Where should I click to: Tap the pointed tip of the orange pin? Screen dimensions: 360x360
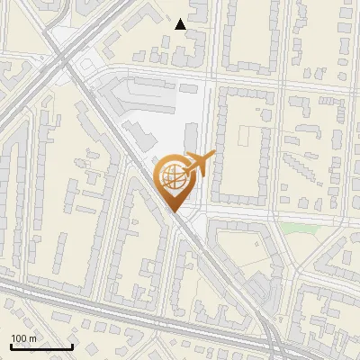(173, 212)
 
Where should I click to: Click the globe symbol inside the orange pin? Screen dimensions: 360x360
(172, 176)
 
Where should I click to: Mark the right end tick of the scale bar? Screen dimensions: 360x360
(72, 346)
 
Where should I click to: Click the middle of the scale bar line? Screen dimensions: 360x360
(40, 347)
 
